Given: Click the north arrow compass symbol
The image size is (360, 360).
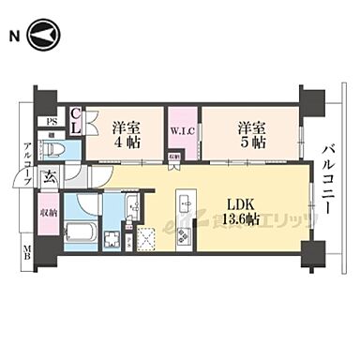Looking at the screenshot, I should (43, 37).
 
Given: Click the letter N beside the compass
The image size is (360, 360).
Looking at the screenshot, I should (15, 37).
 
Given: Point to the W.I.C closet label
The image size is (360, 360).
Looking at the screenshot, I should (183, 131).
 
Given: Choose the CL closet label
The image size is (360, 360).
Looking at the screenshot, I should (78, 122).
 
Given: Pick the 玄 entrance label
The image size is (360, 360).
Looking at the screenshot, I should (49, 175).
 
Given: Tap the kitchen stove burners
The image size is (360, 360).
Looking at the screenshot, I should (181, 233).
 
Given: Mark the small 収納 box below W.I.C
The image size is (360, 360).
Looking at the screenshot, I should (174, 158).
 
